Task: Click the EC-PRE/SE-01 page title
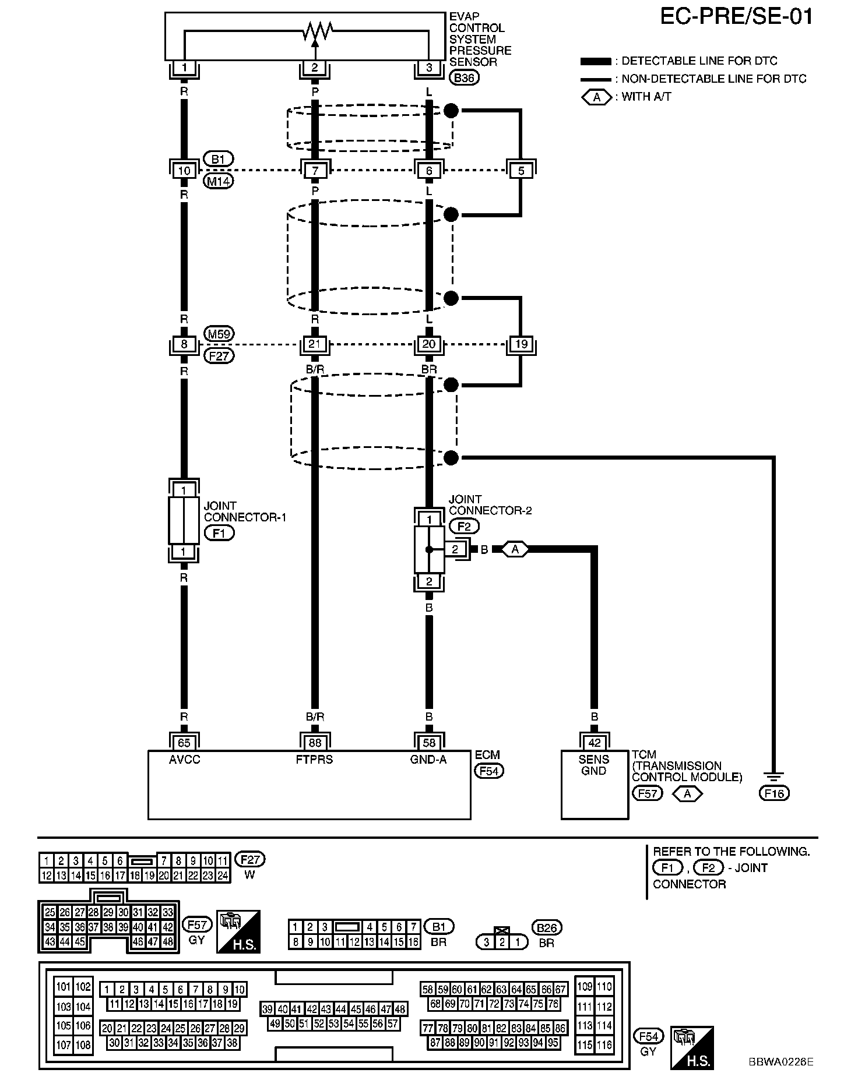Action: [736, 16]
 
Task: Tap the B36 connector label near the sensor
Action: [464, 77]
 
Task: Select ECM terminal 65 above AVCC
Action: [184, 743]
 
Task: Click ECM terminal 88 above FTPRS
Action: [315, 743]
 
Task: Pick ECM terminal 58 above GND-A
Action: [429, 743]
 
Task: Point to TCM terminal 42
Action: [594, 743]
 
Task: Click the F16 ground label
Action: [774, 793]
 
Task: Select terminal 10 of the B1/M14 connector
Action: [184, 171]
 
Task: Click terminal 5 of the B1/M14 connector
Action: [521, 171]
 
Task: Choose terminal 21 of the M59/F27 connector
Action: [315, 344]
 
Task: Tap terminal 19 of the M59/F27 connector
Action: [521, 344]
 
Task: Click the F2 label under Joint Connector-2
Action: [464, 527]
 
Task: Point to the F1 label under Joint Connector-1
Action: [219, 533]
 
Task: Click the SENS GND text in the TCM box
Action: [594, 765]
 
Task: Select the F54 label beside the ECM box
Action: [488, 771]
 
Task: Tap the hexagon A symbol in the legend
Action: [596, 97]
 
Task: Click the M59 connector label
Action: [219, 334]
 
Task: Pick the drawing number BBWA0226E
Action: [781, 1061]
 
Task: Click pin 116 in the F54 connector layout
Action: [604, 1045]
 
